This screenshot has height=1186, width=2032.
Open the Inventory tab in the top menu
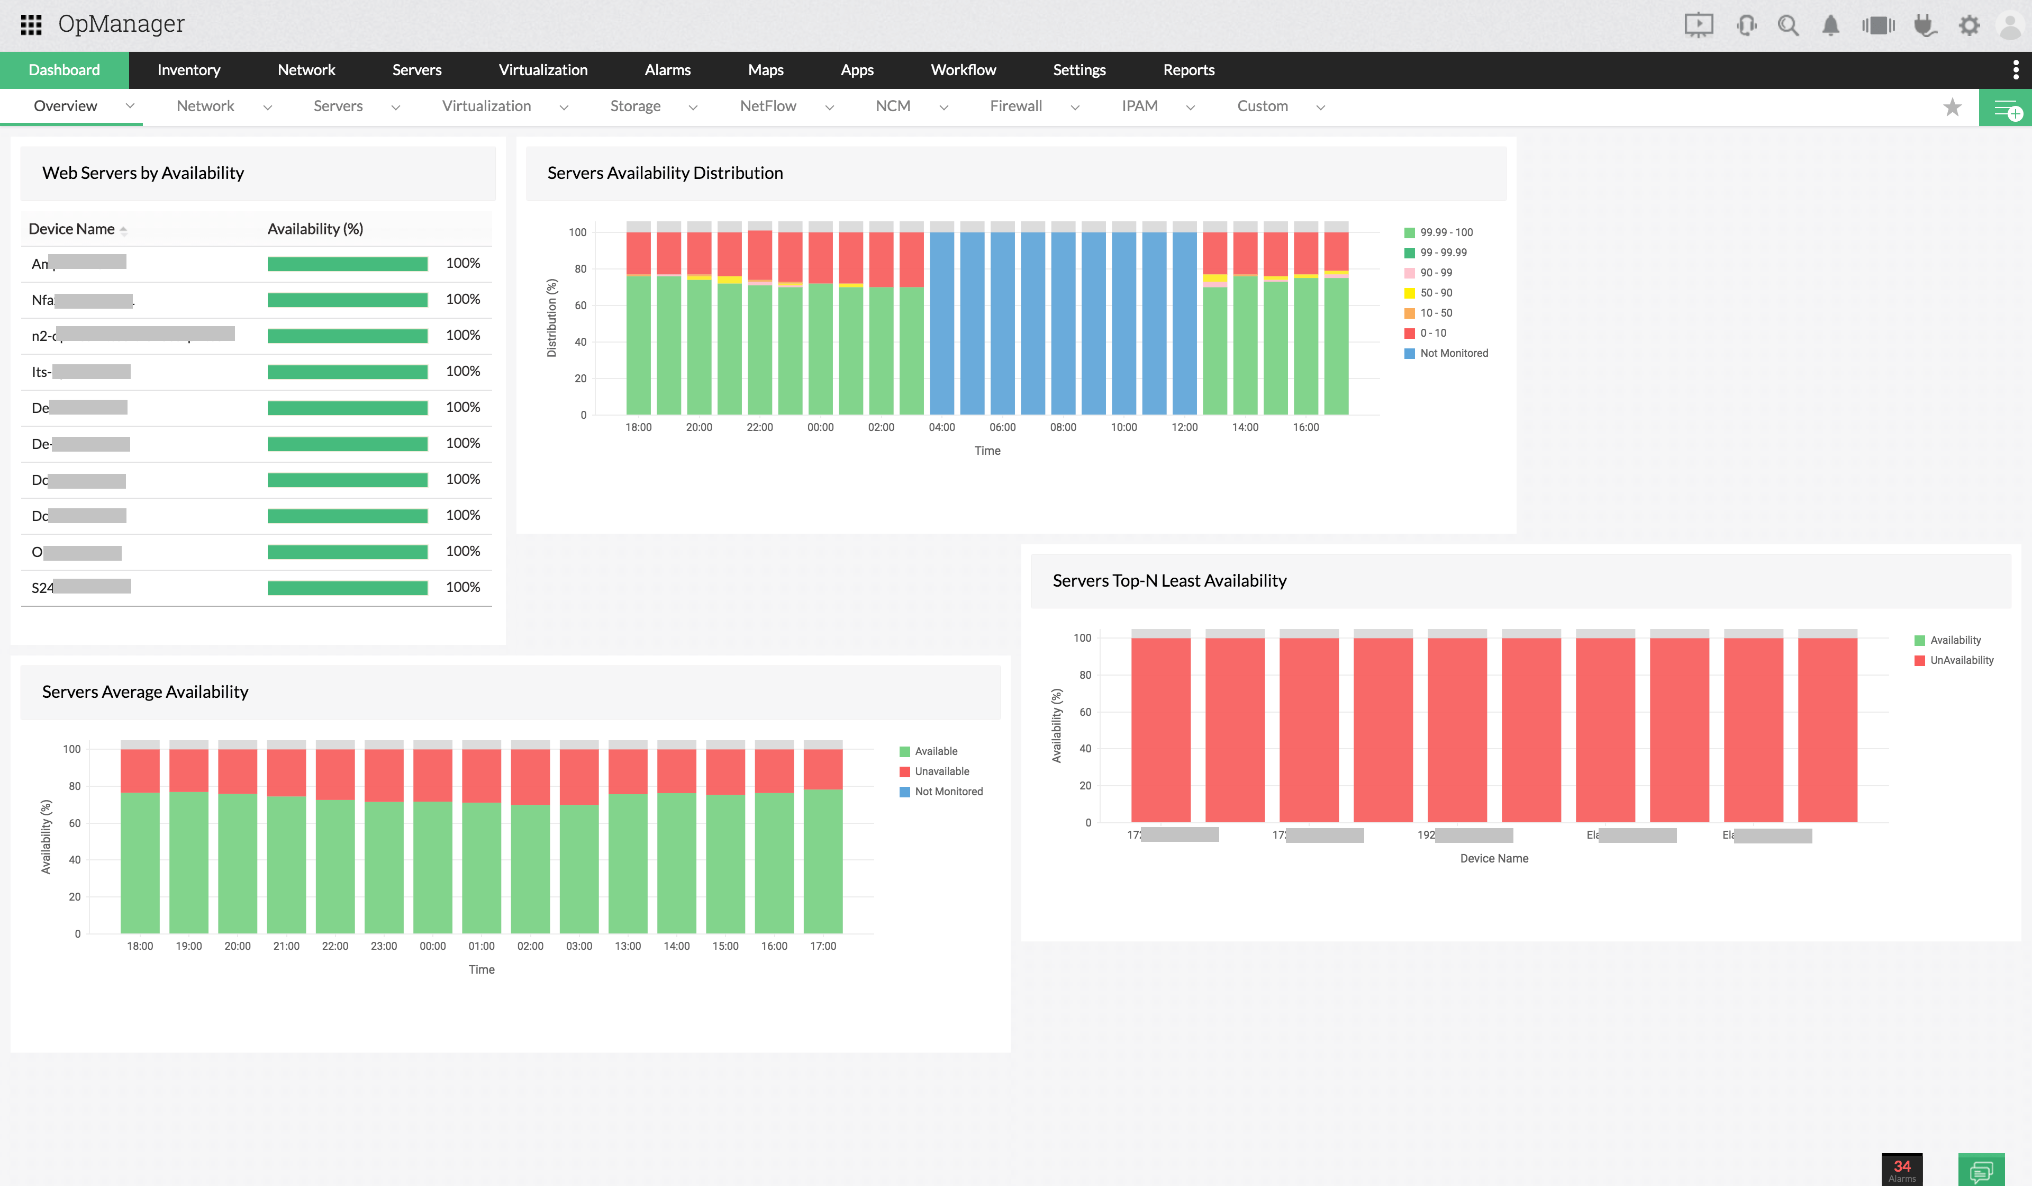[189, 70]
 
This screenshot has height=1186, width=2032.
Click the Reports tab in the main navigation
[1188, 70]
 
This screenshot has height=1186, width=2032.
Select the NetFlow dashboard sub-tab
[768, 106]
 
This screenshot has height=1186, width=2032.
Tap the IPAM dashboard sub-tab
[1139, 106]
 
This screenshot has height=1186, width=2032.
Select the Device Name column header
[72, 229]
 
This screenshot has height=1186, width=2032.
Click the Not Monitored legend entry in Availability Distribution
[1453, 353]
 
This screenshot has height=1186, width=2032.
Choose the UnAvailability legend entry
[1961, 660]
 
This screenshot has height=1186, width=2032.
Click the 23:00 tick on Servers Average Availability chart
[384, 946]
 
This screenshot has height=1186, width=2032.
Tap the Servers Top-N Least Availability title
[1169, 581]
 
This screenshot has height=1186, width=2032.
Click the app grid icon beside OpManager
[31, 25]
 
